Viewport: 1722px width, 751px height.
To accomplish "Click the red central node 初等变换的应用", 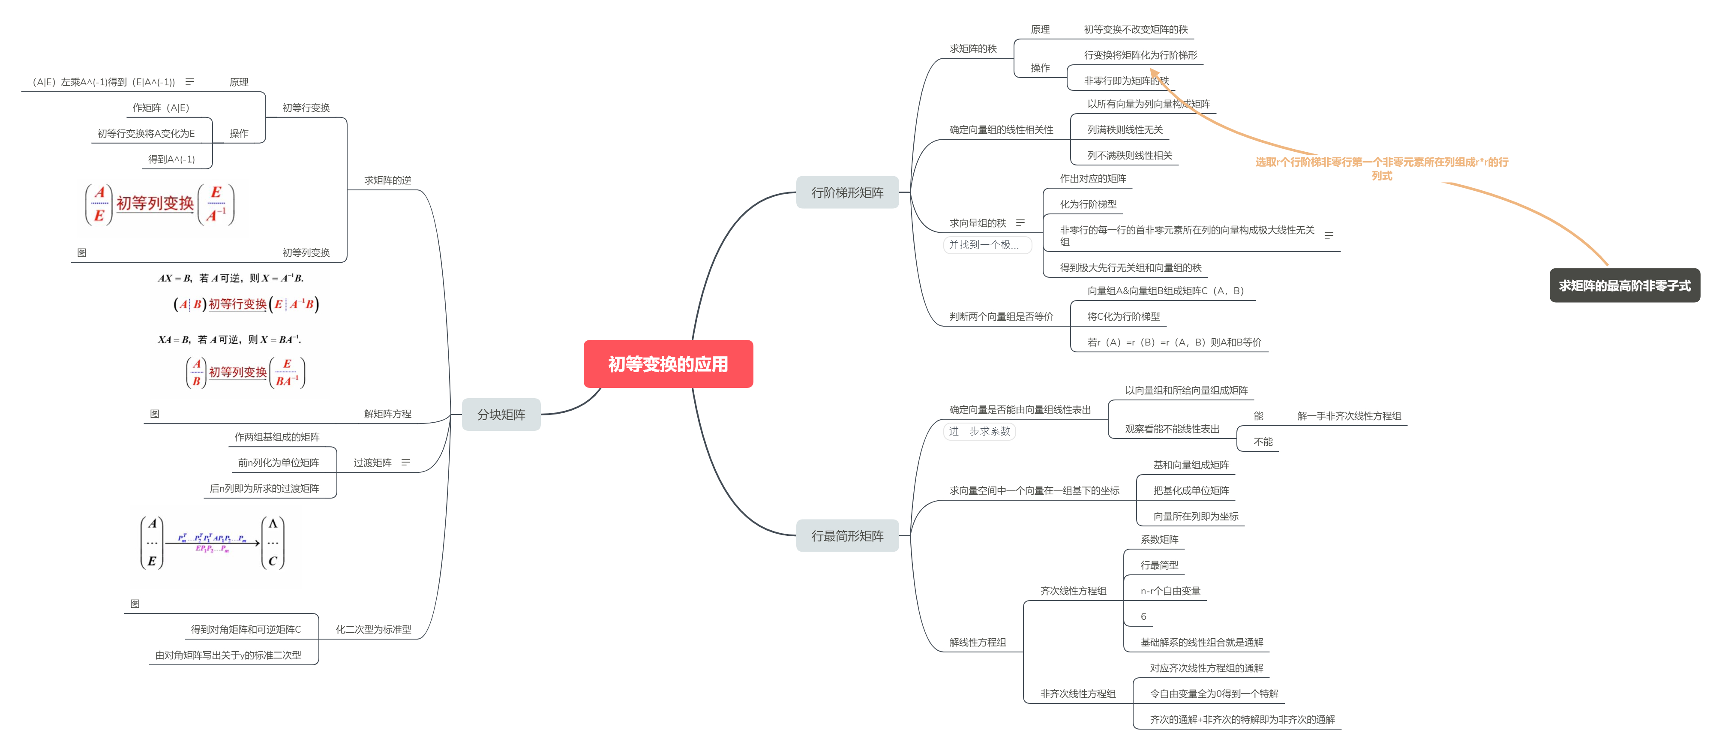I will [668, 364].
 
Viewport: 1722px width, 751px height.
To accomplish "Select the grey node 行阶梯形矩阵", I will [847, 192].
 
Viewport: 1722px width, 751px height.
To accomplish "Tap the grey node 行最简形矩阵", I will [847, 536].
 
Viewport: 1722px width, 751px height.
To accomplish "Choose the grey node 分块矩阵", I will [501, 415].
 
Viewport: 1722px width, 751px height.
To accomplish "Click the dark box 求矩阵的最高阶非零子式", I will [1624, 285].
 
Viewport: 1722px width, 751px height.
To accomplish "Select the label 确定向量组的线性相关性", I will [1001, 130].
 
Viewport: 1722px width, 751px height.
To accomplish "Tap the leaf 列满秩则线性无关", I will [1125, 130].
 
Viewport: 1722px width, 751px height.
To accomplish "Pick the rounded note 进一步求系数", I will [979, 431].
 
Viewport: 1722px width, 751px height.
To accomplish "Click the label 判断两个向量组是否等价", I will [1001, 316].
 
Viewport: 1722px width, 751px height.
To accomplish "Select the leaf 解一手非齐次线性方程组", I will [1349, 416].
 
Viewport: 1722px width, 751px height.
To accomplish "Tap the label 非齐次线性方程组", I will [1077, 694].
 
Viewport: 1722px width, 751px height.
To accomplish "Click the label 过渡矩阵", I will [372, 463].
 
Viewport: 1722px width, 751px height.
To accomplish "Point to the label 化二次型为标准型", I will [373, 629].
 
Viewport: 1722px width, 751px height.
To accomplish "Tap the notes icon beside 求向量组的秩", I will [1020, 223].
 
